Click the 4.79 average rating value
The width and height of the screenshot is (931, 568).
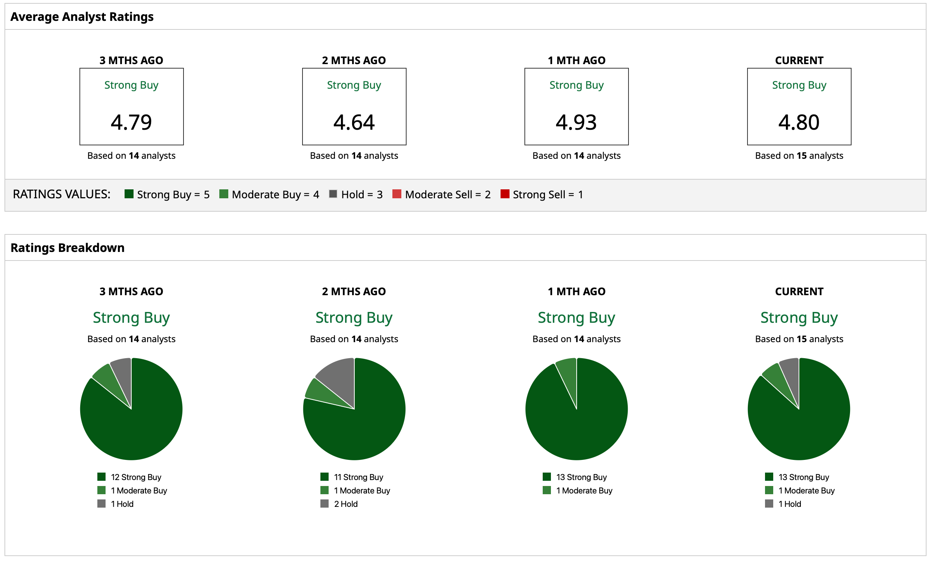pyautogui.click(x=131, y=122)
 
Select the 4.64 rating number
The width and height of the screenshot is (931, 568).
pyautogui.click(x=354, y=122)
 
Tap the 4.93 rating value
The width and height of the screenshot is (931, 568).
pyautogui.click(x=576, y=122)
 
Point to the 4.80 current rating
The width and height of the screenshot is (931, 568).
pyautogui.click(x=799, y=122)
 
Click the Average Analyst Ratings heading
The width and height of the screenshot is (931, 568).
pyautogui.click(x=82, y=17)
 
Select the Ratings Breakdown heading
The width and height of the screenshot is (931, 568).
pyautogui.click(x=68, y=248)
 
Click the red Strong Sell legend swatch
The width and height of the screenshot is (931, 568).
pyautogui.click(x=505, y=194)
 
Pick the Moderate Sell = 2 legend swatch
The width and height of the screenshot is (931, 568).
pyautogui.click(x=397, y=194)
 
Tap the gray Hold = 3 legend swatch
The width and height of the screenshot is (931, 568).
pyautogui.click(x=333, y=194)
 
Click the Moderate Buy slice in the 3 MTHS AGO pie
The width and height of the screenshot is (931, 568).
pyautogui.click(x=110, y=381)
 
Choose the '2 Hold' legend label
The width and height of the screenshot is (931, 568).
pyautogui.click(x=345, y=504)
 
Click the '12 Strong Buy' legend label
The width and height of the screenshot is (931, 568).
pyautogui.click(x=136, y=477)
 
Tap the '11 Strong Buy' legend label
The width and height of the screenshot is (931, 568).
pyautogui.click(x=358, y=477)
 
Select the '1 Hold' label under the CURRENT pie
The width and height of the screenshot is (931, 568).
pyautogui.click(x=790, y=504)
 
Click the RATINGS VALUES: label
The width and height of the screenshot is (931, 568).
pyautogui.click(x=62, y=194)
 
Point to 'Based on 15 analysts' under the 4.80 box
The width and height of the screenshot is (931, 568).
pyautogui.click(x=799, y=155)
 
